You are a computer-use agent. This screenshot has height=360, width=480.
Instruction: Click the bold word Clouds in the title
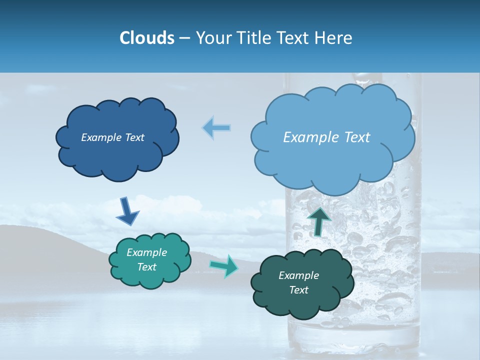146,38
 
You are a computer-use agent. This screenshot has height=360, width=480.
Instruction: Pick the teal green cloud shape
150,277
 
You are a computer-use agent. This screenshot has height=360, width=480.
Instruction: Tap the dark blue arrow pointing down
127,211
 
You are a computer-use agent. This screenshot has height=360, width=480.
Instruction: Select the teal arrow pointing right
224,265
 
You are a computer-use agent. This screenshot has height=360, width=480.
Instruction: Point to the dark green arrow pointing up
318,220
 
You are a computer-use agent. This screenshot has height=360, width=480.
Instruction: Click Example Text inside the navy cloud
112,137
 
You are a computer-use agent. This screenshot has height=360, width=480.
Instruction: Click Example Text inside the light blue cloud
326,137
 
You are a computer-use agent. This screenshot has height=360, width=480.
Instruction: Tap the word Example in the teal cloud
146,252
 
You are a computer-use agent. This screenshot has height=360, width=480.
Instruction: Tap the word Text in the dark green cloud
298,290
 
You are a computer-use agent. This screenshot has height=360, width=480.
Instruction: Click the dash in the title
184,38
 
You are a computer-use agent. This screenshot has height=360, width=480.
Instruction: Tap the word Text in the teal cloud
146,267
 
